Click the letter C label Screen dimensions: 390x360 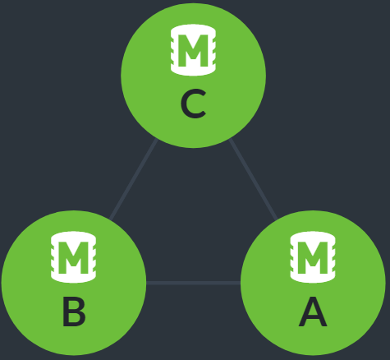(x=193, y=104)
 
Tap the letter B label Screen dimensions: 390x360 (x=74, y=312)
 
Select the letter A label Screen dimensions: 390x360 (x=313, y=312)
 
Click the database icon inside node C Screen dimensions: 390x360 (x=193, y=50)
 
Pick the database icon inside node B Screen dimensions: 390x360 (x=73, y=257)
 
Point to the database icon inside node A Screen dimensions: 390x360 (x=313, y=257)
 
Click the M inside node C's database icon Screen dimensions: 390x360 (x=193, y=51)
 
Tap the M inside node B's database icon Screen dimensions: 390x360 (x=73, y=258)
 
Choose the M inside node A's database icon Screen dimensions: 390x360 (x=313, y=258)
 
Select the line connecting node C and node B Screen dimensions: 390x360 (x=133, y=179)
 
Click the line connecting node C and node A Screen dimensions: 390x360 (x=254, y=179)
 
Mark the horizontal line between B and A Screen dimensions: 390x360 (x=193, y=283)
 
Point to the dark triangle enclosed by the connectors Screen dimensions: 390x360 (x=193, y=219)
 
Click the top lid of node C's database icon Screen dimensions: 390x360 (x=193, y=30)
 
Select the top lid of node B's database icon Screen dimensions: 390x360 (x=73, y=237)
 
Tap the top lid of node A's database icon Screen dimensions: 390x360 (x=313, y=237)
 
